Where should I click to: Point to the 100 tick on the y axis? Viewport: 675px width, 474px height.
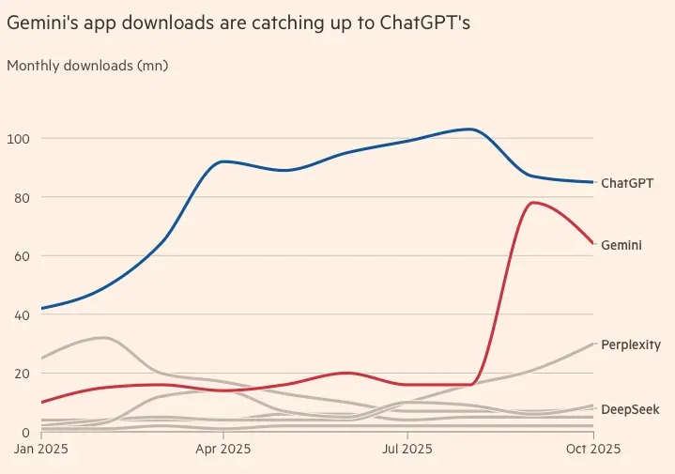[x=19, y=139]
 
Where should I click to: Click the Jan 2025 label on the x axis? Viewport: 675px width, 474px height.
[x=40, y=450]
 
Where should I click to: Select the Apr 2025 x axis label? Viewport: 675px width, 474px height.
[x=222, y=450]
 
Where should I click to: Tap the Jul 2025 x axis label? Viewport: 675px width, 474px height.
[x=407, y=450]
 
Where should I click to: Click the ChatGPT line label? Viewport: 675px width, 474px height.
[x=627, y=183]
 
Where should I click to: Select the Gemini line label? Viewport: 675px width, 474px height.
[x=621, y=244]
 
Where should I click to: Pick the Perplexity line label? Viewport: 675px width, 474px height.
[x=631, y=345]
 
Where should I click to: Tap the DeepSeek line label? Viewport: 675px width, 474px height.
[x=630, y=409]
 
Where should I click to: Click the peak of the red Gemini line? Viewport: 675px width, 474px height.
[x=533, y=202]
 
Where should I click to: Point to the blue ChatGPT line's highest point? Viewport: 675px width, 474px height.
[x=469, y=129]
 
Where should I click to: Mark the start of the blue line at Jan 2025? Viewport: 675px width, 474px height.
[x=40, y=309]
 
